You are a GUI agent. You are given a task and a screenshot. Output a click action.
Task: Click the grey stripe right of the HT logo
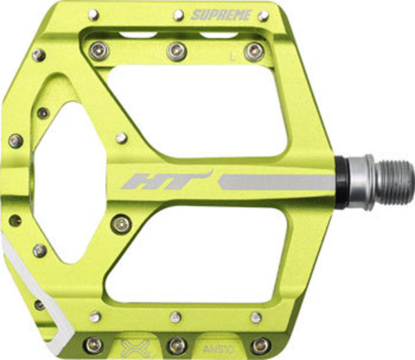tap(277, 182)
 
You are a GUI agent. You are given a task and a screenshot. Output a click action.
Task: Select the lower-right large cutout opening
tap(201, 256)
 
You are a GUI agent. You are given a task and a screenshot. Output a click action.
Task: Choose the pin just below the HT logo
tap(122, 222)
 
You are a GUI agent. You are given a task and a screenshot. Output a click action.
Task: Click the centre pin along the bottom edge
tap(176, 345)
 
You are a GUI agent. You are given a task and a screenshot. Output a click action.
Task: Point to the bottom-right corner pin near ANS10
tap(261, 344)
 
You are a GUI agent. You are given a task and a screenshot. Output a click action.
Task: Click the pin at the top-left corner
tap(94, 15)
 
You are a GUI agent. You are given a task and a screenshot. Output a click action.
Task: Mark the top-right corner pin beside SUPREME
tap(263, 15)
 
